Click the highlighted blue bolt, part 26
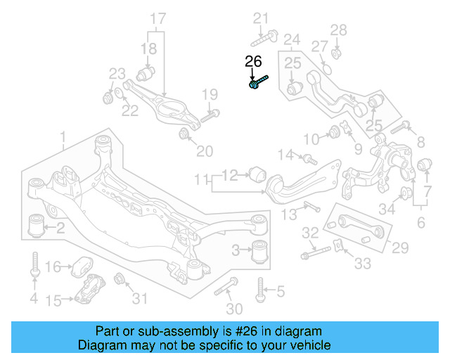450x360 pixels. point(257,84)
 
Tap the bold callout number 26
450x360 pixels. point(253,62)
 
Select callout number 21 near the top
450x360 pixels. point(261,18)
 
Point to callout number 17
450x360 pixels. point(158,18)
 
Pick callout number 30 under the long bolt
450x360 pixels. point(234,309)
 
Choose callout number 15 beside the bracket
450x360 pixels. point(54,301)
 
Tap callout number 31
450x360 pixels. point(141,299)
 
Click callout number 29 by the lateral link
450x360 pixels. point(399,247)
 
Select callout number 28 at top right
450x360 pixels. point(339,30)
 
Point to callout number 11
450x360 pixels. point(202,180)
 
